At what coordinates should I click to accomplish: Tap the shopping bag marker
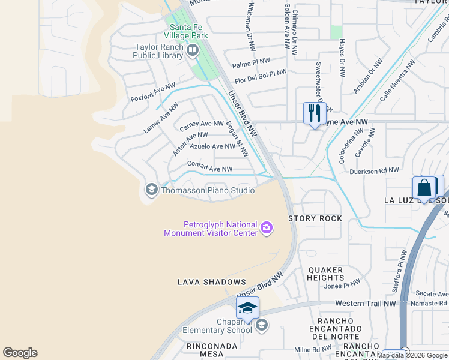point(424,188)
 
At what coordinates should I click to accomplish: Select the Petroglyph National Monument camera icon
point(267,227)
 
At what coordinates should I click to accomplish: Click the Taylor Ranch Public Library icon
point(193,50)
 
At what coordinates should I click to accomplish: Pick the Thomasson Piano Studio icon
point(151,190)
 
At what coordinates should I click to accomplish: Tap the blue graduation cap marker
point(247,308)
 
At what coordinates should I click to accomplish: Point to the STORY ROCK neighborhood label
point(315,218)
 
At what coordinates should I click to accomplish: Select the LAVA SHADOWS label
point(212,281)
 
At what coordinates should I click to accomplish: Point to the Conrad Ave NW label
point(209,166)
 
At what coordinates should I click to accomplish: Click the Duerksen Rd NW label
point(374,171)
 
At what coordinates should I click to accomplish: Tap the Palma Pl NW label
point(251,62)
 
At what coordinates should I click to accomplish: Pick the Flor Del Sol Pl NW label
point(261,76)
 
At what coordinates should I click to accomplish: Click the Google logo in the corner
point(20,353)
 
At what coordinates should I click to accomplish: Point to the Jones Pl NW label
point(343,284)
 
